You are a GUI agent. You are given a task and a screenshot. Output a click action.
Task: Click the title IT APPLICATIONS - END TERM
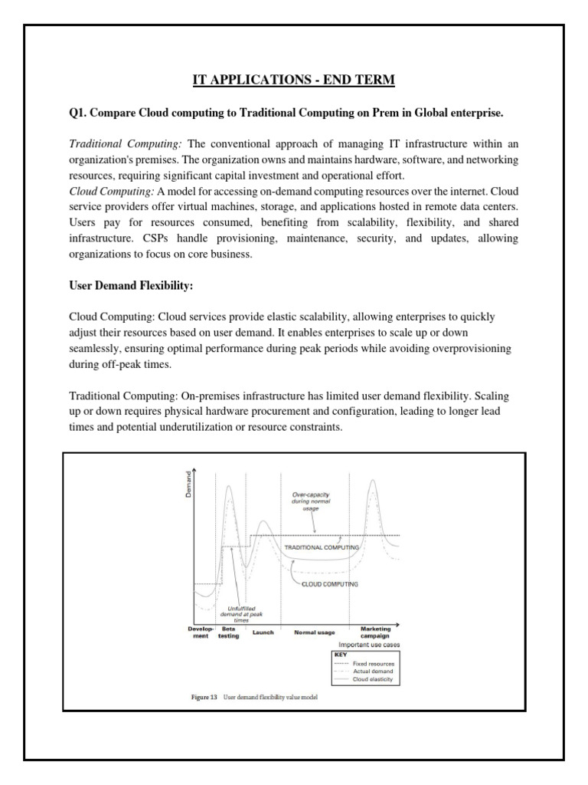(293, 80)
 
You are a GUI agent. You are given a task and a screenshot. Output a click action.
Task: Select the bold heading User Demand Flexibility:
(132, 285)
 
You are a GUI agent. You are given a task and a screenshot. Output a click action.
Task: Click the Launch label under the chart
(263, 633)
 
